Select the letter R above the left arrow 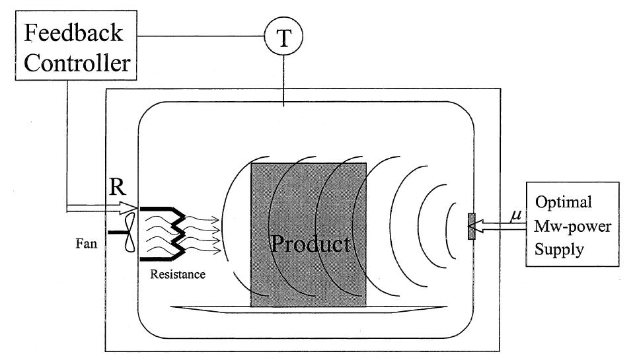pyautogui.click(x=116, y=191)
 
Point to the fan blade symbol pyautogui.click(x=128, y=232)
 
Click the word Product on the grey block pyautogui.click(x=311, y=244)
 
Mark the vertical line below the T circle pyautogui.click(x=283, y=79)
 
